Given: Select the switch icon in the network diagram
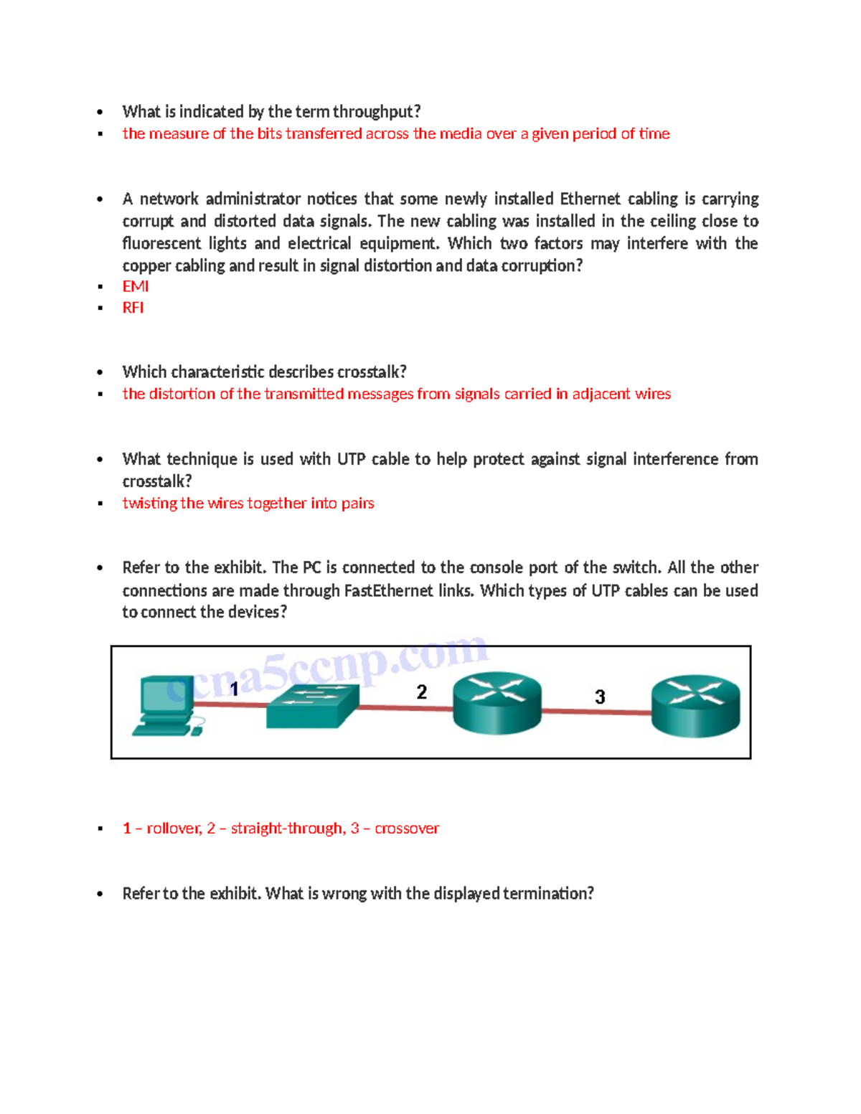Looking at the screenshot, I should click(x=312, y=706).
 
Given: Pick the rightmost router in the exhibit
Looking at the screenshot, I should click(x=695, y=705).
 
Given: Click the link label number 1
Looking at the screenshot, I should click(x=234, y=689).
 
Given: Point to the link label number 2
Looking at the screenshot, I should click(x=422, y=692).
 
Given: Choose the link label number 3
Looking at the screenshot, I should click(x=600, y=697).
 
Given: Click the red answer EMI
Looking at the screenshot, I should click(x=136, y=286).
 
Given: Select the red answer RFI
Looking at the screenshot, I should click(x=133, y=308).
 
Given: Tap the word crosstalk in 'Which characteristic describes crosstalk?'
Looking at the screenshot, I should click(x=372, y=372).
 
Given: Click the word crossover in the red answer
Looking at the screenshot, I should click(x=406, y=829).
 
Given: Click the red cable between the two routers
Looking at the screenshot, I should click(x=596, y=712).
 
